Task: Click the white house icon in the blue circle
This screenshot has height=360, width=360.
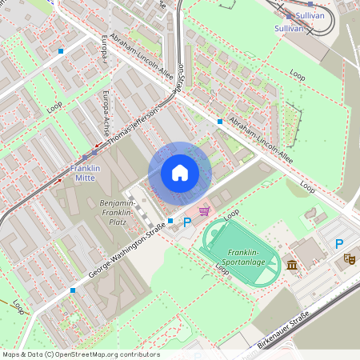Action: click(x=180, y=173)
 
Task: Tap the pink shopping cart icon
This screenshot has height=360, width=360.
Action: click(x=205, y=210)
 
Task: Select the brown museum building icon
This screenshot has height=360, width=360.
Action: click(x=292, y=265)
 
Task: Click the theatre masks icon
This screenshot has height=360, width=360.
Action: click(x=348, y=258)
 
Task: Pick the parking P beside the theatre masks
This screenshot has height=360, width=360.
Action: click(x=339, y=244)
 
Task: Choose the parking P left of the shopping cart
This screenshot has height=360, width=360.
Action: click(x=188, y=222)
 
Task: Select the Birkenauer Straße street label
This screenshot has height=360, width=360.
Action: click(x=283, y=331)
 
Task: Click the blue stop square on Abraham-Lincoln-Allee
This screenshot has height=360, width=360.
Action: click(x=219, y=122)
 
